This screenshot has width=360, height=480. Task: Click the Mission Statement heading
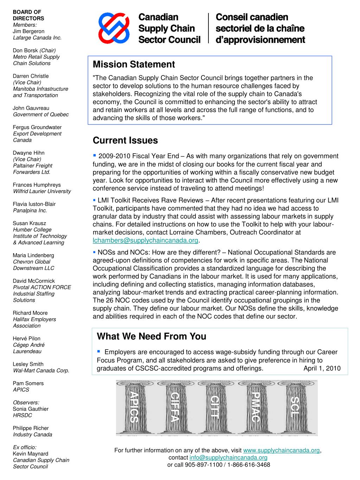point(134,65)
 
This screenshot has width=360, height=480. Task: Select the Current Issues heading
point(125,141)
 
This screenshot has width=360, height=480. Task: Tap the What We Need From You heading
point(151,337)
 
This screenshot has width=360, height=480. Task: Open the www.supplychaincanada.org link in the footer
point(281,450)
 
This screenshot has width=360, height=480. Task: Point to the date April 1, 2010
point(322,369)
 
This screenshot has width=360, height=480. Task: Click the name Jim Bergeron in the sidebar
point(28,31)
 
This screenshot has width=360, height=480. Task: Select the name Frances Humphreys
point(37,185)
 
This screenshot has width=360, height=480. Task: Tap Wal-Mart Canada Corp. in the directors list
point(41,370)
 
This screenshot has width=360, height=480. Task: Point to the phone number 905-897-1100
point(200,465)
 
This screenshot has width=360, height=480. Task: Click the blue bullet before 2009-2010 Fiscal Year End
point(95,155)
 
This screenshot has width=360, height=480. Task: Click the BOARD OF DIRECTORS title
point(28,15)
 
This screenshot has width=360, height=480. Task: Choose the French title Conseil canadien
point(252,17)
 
